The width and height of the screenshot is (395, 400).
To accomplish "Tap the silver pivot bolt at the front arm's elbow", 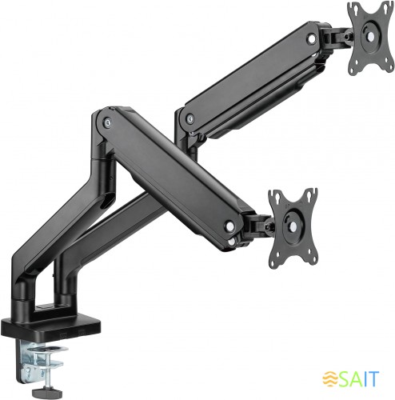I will pos(108,123).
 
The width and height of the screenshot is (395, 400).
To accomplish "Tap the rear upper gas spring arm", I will pos(256,80).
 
